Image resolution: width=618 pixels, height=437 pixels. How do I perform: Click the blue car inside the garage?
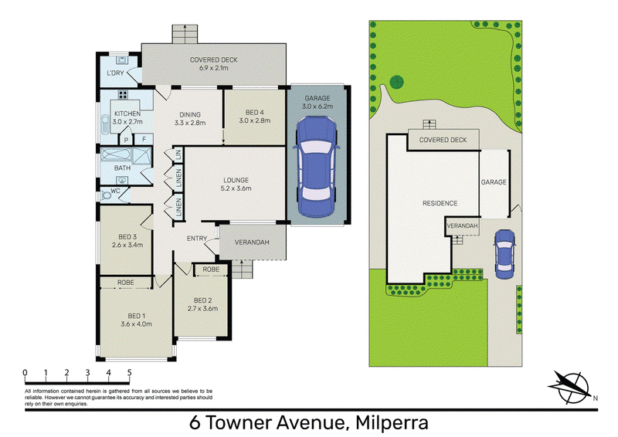(316, 167)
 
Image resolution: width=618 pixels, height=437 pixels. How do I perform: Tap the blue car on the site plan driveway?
(504, 255)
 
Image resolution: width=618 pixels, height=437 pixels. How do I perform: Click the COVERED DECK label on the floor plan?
(214, 60)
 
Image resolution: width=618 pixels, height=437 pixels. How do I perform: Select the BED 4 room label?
(255, 113)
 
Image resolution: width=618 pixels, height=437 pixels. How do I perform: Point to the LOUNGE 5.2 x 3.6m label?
(236, 185)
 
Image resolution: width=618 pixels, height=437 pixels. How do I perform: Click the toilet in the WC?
(106, 195)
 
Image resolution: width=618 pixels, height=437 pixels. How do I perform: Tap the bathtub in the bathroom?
(115, 154)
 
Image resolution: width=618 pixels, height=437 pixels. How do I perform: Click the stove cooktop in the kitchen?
(123, 94)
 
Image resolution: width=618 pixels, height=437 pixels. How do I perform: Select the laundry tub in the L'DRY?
(122, 60)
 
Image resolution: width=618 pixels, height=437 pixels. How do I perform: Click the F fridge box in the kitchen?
(144, 139)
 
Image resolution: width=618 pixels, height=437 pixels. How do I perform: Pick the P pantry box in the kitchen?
(126, 140)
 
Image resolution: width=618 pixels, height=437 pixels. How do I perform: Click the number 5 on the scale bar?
(129, 372)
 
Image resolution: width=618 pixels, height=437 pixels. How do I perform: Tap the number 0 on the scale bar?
(25, 372)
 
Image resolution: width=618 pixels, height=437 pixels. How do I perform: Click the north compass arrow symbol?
(572, 387)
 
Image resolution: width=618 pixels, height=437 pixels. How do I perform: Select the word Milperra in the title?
(392, 423)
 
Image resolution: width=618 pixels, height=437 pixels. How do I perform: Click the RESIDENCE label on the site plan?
(440, 203)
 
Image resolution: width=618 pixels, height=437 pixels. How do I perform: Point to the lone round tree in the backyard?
(396, 83)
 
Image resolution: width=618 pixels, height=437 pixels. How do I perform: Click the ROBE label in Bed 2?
(211, 269)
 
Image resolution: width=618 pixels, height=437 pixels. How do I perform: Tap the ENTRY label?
(197, 239)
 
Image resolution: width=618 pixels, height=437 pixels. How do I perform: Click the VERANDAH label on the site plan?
(462, 225)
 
